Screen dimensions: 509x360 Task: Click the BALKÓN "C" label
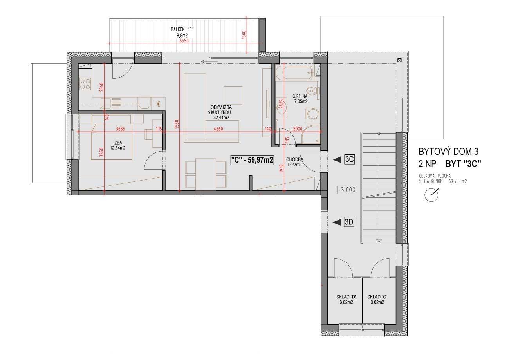point(182,29)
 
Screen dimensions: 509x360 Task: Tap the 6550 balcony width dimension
point(184,41)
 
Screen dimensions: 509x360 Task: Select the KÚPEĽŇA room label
point(300,96)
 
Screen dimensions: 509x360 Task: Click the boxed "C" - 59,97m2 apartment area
point(252,160)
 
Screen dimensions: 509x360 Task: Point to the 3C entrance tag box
point(350,159)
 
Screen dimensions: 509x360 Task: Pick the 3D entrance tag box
point(349,222)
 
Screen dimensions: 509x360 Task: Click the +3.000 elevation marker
point(347,190)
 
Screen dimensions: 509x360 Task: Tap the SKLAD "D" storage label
point(346,297)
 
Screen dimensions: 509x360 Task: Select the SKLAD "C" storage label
point(377,297)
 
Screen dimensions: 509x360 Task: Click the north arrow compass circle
point(431,195)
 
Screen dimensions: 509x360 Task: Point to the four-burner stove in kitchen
point(85,84)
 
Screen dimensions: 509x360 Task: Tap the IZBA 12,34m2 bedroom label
point(118,145)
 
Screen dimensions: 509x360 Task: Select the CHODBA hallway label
point(294,159)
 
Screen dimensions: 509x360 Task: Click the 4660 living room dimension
point(218,129)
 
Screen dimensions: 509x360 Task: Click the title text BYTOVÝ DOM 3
point(449,152)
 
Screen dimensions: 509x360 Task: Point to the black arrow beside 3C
point(337,160)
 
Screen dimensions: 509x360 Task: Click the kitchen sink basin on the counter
point(106,103)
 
